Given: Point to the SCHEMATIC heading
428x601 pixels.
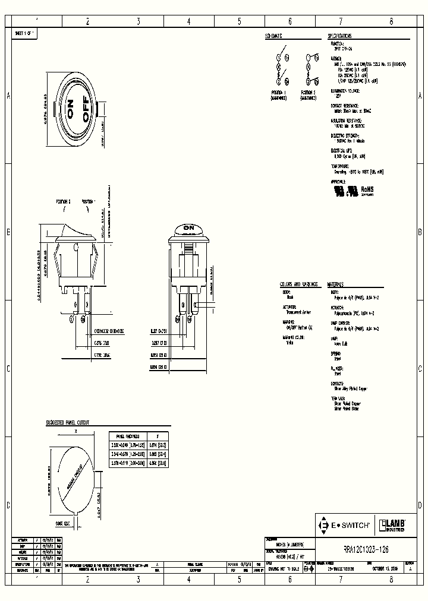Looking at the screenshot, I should coord(274,36).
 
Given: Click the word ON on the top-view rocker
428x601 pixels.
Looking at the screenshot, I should coord(70,110).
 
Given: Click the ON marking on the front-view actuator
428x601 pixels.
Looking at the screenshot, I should coord(189,227).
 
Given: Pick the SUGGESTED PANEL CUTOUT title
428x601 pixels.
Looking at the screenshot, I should coord(67,423).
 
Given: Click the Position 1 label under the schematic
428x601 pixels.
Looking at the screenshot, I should coord(278,93).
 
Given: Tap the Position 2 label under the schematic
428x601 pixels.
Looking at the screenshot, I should coord(307,93).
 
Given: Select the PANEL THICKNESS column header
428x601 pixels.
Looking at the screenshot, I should coord(124,435).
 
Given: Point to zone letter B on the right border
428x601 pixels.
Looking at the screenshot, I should coord(420,232).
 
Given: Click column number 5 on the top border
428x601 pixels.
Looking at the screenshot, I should coord(239,21).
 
